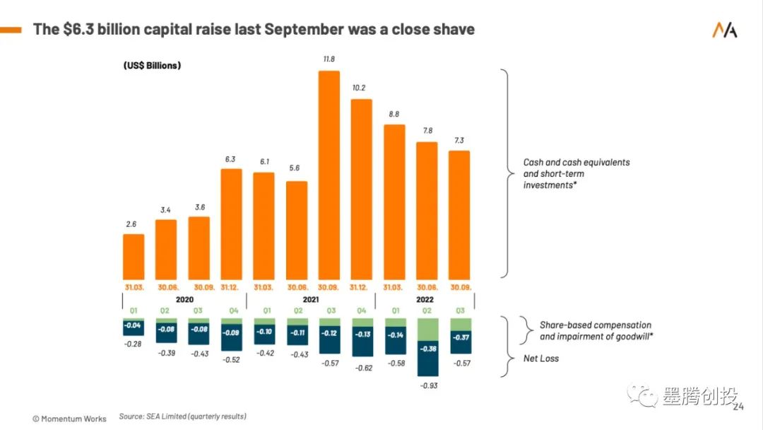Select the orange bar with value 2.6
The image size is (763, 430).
[x=134, y=255]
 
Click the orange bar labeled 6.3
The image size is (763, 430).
[x=232, y=223]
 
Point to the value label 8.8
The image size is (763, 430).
[x=394, y=113]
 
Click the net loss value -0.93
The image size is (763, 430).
[x=428, y=385]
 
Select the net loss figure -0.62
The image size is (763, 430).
[x=362, y=368]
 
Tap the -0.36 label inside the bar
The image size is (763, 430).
[x=428, y=348]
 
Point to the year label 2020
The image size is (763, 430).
[x=183, y=299]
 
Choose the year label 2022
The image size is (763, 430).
[x=426, y=299]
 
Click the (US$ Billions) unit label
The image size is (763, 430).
[x=152, y=66]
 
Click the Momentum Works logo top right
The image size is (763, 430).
[x=724, y=30]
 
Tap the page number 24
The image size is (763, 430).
[x=738, y=407]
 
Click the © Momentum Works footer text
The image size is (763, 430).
[x=69, y=418]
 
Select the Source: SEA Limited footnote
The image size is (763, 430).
[x=182, y=417]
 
